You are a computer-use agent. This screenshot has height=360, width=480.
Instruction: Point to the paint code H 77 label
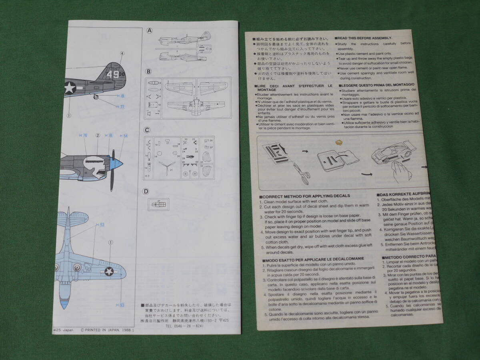pyautogui.click(x=120, y=106)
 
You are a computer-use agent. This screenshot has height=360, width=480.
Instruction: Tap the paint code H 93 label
pyautogui.click(x=120, y=305)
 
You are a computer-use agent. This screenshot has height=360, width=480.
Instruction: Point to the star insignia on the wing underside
pyautogui.click(x=109, y=272)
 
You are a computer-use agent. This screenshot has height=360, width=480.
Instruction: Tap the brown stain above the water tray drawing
pyautogui.click(x=341, y=142)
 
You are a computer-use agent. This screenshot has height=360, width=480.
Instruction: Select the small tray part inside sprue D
pyautogui.click(x=158, y=204)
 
